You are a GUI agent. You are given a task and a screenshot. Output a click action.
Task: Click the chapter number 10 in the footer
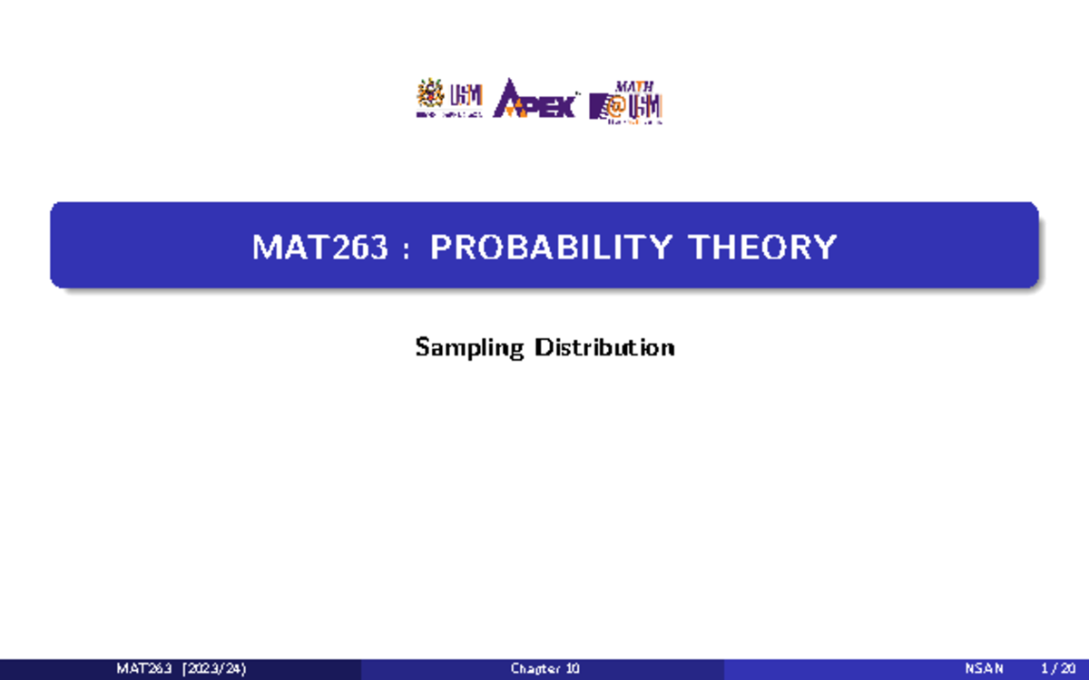click(x=573, y=670)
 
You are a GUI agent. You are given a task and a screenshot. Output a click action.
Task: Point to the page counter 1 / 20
click(x=1056, y=670)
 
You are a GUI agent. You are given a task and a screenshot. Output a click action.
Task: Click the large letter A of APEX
click(x=510, y=100)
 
